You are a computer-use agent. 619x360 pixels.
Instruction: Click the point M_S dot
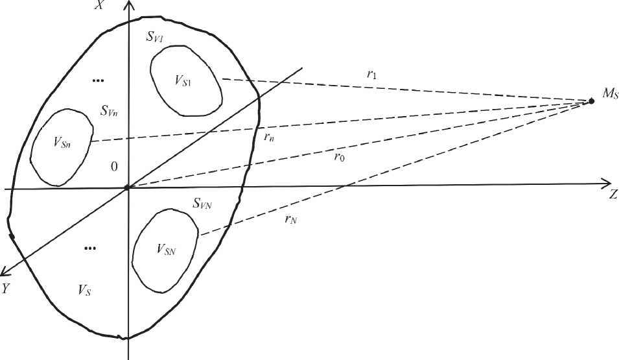[591, 101]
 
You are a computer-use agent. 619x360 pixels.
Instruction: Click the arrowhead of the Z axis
[607, 182]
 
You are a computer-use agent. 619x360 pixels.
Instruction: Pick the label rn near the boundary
[268, 137]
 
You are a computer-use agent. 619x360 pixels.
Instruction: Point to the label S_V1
[154, 38]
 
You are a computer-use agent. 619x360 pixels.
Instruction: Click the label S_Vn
[108, 110]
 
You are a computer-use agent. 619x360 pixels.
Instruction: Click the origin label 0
[114, 167]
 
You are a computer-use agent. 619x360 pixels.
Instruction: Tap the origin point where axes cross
[128, 188]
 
